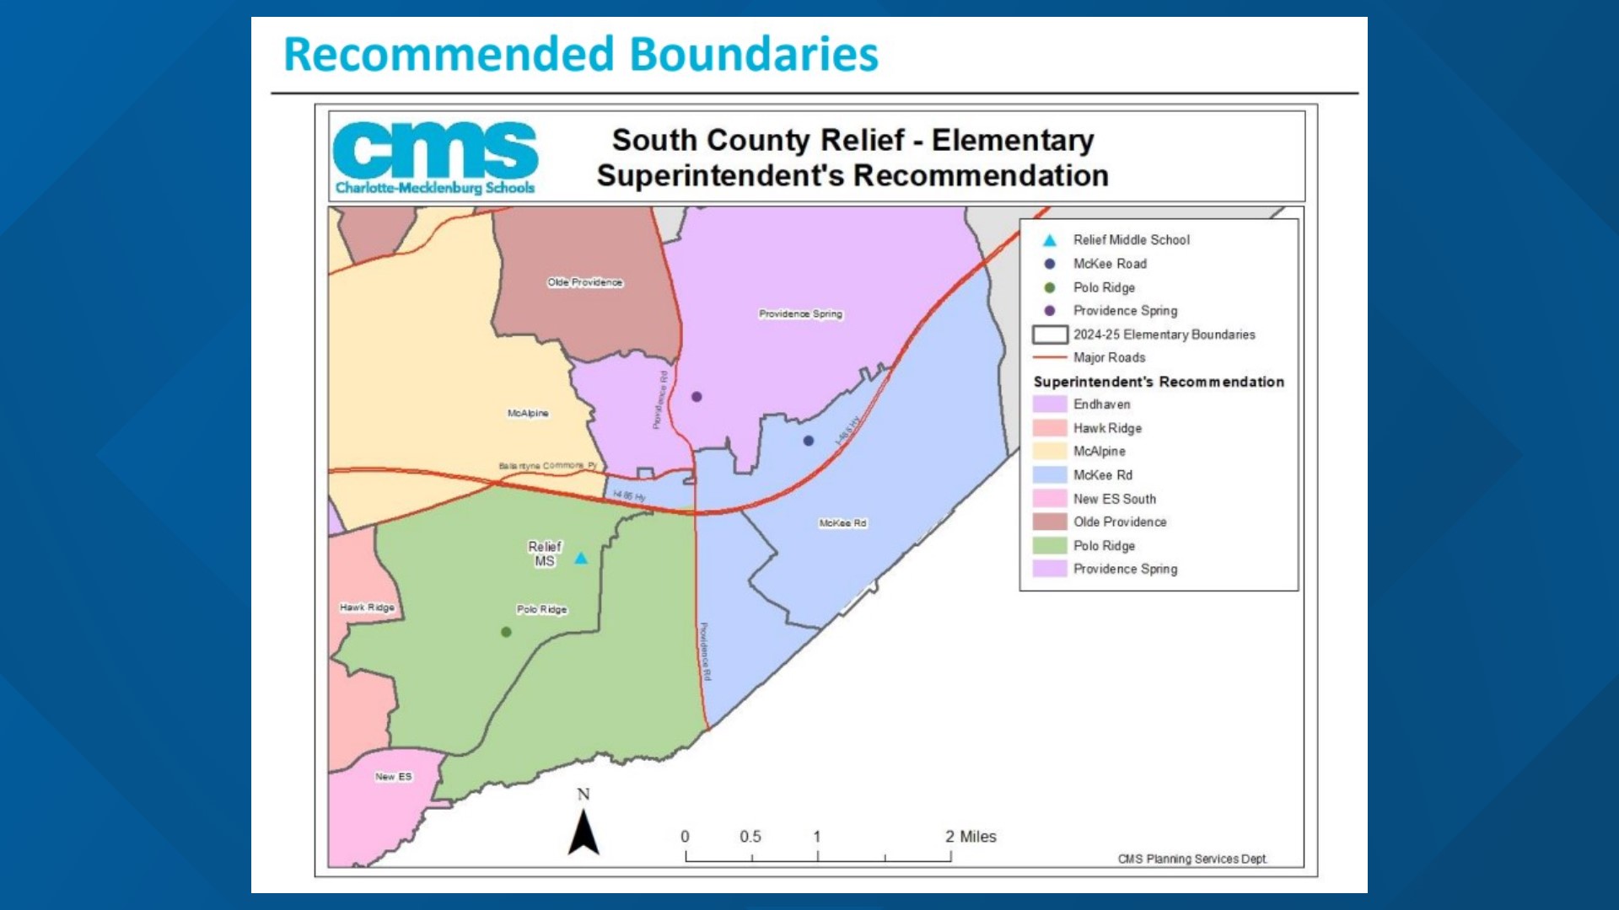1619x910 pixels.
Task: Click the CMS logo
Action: coord(435,158)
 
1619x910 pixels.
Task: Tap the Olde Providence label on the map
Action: coord(585,282)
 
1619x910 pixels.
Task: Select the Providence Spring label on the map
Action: coord(800,313)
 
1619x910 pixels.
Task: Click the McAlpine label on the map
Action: coord(528,413)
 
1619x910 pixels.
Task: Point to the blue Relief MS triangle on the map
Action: coord(581,558)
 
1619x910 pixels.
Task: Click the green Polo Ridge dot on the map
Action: coord(506,632)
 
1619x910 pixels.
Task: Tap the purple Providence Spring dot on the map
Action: coord(697,397)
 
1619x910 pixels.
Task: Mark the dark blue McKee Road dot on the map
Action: coord(809,441)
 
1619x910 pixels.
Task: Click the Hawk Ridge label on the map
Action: coord(367,608)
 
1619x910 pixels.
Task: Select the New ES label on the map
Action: coord(394,777)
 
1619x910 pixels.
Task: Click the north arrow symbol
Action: coord(584,832)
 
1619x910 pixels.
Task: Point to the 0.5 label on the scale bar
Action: coord(750,837)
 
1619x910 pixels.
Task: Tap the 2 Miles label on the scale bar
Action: coord(971,837)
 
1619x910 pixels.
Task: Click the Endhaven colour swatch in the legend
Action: coord(1050,404)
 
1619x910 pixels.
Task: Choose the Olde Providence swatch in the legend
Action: coord(1050,522)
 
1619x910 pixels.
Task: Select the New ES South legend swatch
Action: coord(1050,499)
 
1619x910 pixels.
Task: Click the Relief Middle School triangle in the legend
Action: coord(1050,240)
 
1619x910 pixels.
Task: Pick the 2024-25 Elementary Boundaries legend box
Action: coord(1050,335)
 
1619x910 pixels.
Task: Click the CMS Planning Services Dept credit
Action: coord(1192,859)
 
